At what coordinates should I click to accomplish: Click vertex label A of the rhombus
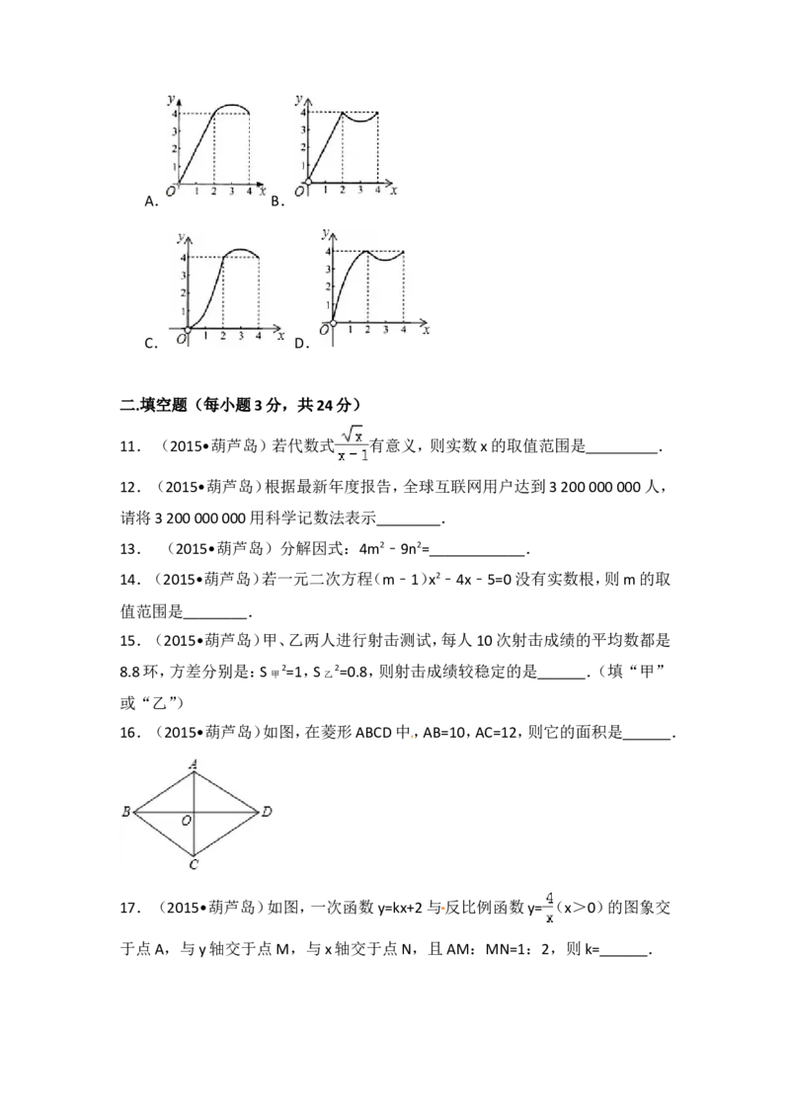(195, 762)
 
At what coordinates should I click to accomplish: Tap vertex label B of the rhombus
(126, 813)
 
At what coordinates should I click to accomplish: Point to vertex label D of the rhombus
(267, 813)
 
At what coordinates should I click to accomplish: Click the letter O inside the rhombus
(186, 821)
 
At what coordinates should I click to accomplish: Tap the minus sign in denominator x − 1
(353, 455)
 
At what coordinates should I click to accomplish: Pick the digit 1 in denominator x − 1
(363, 455)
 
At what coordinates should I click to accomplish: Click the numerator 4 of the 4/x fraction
(548, 898)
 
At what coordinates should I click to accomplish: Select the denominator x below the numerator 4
(548, 918)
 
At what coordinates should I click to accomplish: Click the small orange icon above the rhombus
(411, 737)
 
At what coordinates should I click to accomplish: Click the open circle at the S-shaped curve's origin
(188, 329)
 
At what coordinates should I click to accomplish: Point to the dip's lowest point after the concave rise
(385, 259)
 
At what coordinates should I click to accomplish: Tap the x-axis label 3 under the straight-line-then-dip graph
(360, 190)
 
